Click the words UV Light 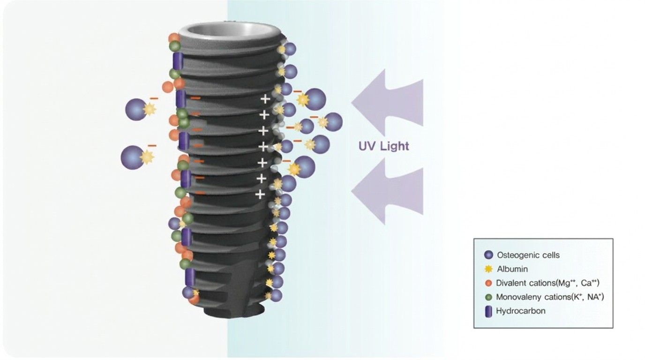click(383, 146)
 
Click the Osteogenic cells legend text click(528, 255)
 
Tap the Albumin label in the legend click(512, 269)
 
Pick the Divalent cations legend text click(547, 283)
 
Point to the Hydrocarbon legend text click(520, 311)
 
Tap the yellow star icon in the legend click(488, 269)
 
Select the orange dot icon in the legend click(488, 283)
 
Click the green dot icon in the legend click(488, 297)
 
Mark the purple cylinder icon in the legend click(488, 311)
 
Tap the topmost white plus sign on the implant click(265, 99)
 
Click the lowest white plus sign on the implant click(260, 194)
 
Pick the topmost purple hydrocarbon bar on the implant click(178, 61)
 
